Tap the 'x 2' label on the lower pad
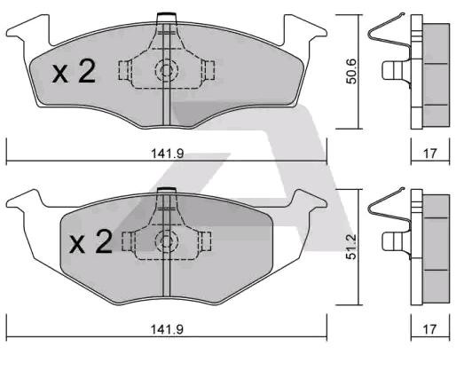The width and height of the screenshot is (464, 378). click(90, 242)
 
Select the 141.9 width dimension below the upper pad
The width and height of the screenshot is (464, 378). click(167, 154)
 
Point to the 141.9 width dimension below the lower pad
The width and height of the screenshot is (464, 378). click(167, 328)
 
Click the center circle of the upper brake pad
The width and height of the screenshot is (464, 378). click(165, 70)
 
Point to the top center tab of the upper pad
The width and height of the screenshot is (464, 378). click(165, 18)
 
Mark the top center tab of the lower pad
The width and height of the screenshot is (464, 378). click(165, 191)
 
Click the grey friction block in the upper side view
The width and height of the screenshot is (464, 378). click(435, 71)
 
